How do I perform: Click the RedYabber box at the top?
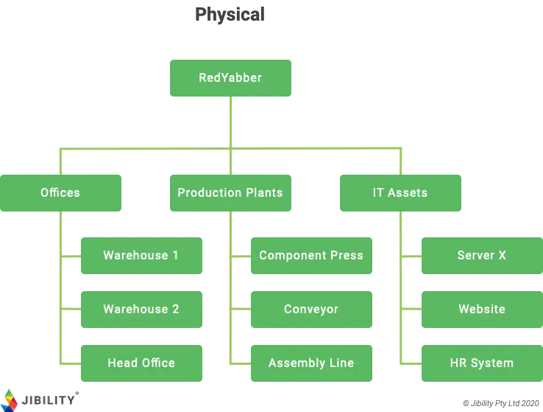230,78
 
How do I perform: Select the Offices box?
60,192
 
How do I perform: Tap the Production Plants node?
230,192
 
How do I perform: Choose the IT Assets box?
400,192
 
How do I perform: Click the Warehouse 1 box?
141,256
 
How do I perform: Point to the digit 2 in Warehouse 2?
175,310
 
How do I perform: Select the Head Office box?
141,363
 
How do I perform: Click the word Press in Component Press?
347,256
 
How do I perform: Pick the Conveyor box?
311,310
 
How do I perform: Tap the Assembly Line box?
311,363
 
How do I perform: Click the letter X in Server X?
502,256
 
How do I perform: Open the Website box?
481,310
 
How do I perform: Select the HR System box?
481,363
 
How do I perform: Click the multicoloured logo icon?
10,397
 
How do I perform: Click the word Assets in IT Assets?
408,192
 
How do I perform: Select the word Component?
292,256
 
